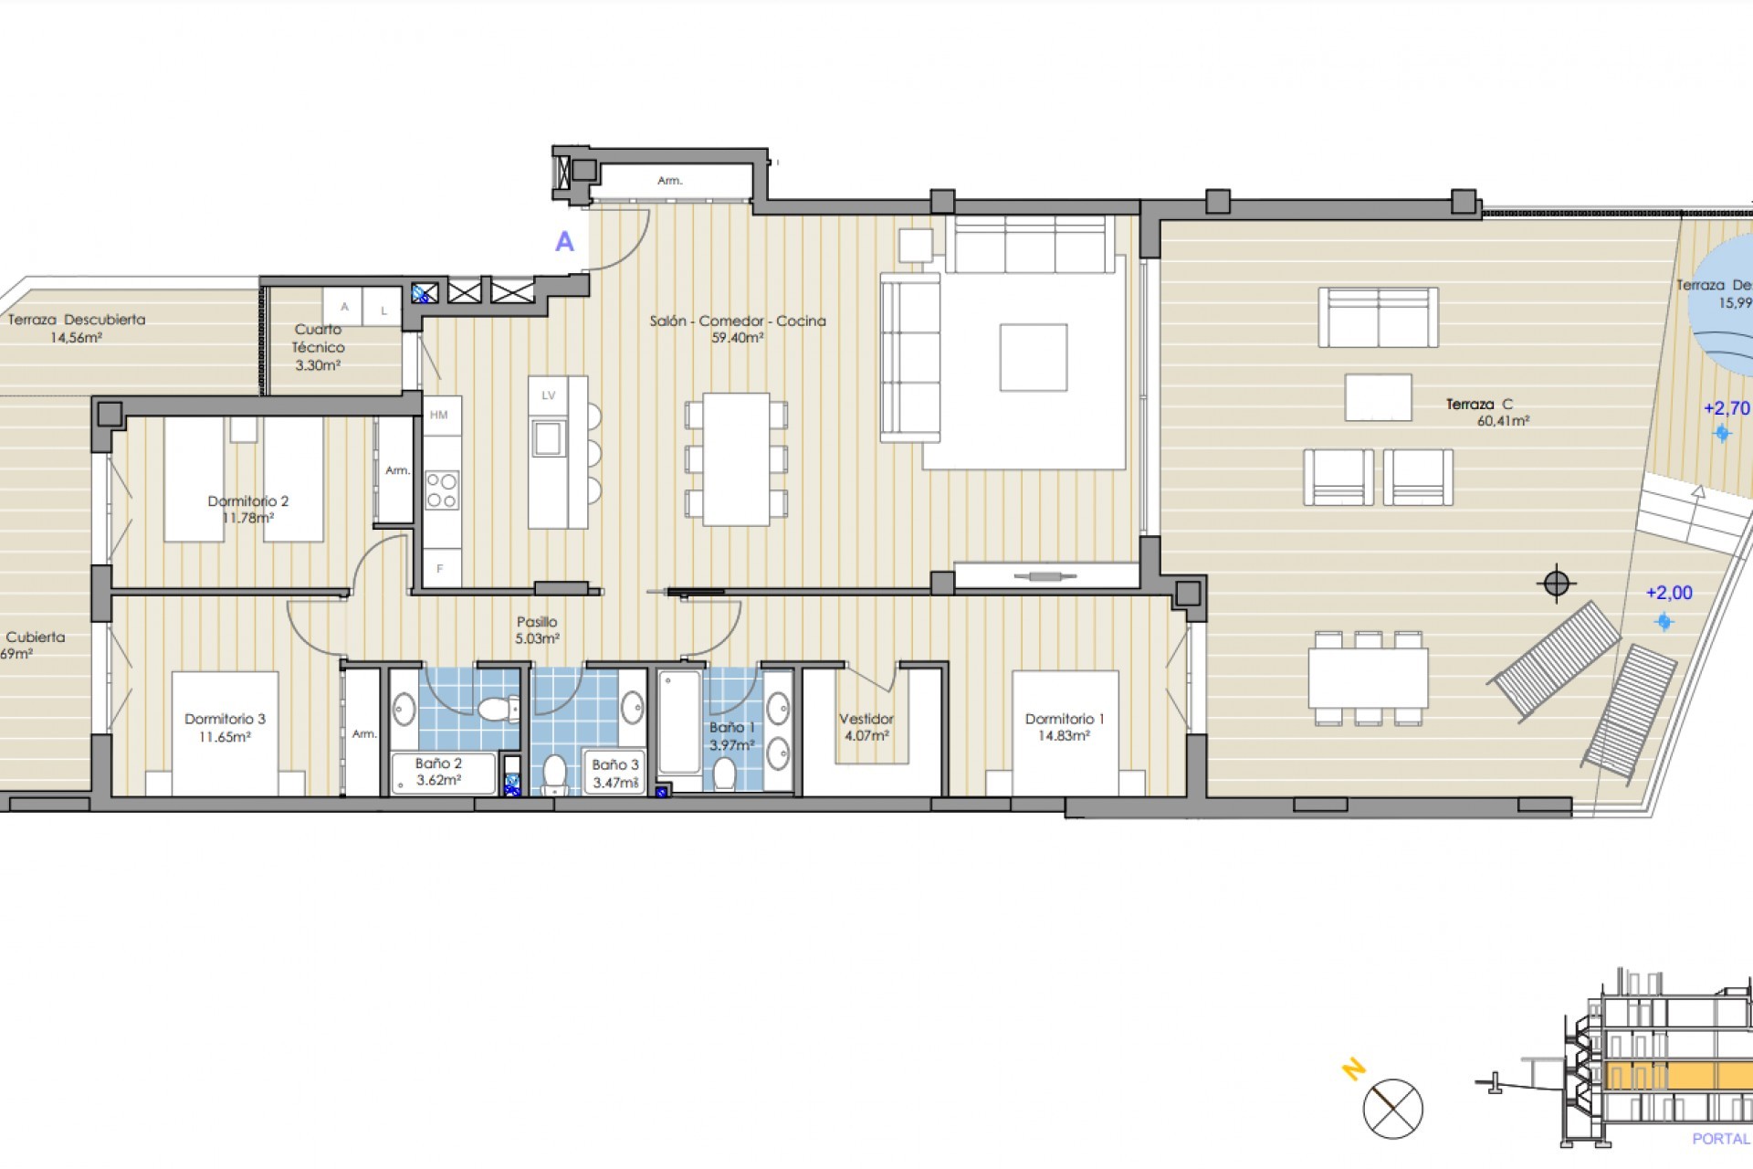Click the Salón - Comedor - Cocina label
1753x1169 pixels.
point(738,321)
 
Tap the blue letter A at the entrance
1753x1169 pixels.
point(565,242)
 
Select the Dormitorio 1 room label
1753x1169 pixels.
point(1065,719)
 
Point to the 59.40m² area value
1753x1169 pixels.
point(737,338)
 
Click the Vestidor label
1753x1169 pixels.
point(866,719)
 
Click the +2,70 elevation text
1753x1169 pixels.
point(1727,408)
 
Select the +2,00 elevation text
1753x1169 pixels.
point(1669,593)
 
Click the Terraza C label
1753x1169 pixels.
point(1479,404)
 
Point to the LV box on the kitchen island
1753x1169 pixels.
point(549,395)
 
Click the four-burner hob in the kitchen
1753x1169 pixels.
point(442,490)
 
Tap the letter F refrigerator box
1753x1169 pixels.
point(440,569)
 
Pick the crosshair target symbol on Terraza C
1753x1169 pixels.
point(1557,583)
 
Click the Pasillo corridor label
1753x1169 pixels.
point(537,622)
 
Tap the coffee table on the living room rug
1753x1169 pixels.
point(1033,357)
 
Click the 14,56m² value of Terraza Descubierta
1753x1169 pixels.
point(76,337)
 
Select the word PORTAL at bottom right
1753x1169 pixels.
point(1721,1139)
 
